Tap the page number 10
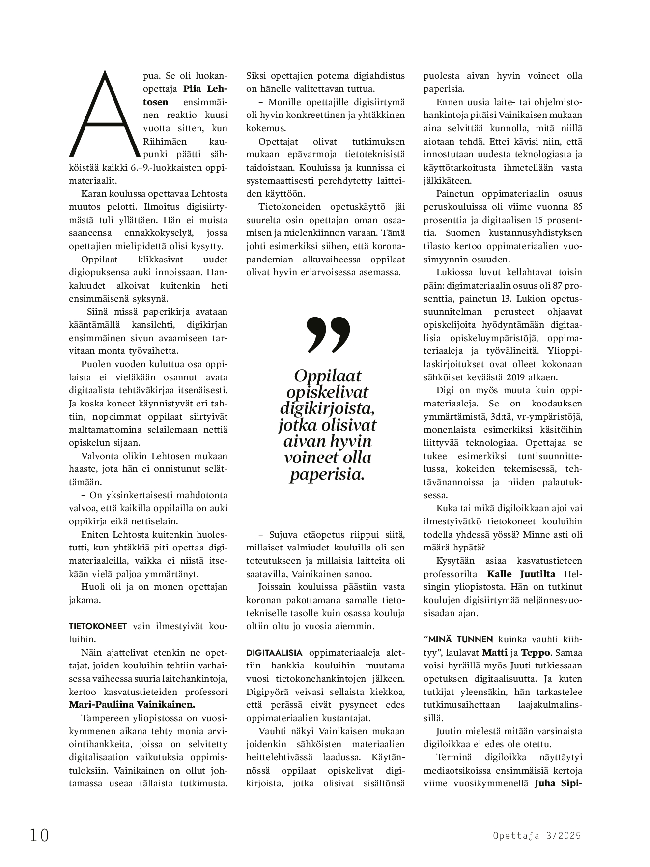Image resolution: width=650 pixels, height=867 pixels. click(x=39, y=835)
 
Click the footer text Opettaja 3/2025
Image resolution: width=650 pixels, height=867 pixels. click(x=537, y=836)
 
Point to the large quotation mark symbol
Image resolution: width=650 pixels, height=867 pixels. click(x=328, y=335)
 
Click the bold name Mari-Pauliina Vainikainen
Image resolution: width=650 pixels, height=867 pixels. click(x=132, y=704)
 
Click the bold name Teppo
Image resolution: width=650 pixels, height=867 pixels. click(x=536, y=653)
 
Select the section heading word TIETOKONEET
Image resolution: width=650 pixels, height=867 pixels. click(x=98, y=627)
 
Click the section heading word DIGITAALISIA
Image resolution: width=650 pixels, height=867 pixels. click(x=274, y=653)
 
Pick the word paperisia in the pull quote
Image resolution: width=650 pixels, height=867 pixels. click(x=327, y=474)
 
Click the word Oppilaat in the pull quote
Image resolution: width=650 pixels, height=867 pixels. click(x=327, y=376)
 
